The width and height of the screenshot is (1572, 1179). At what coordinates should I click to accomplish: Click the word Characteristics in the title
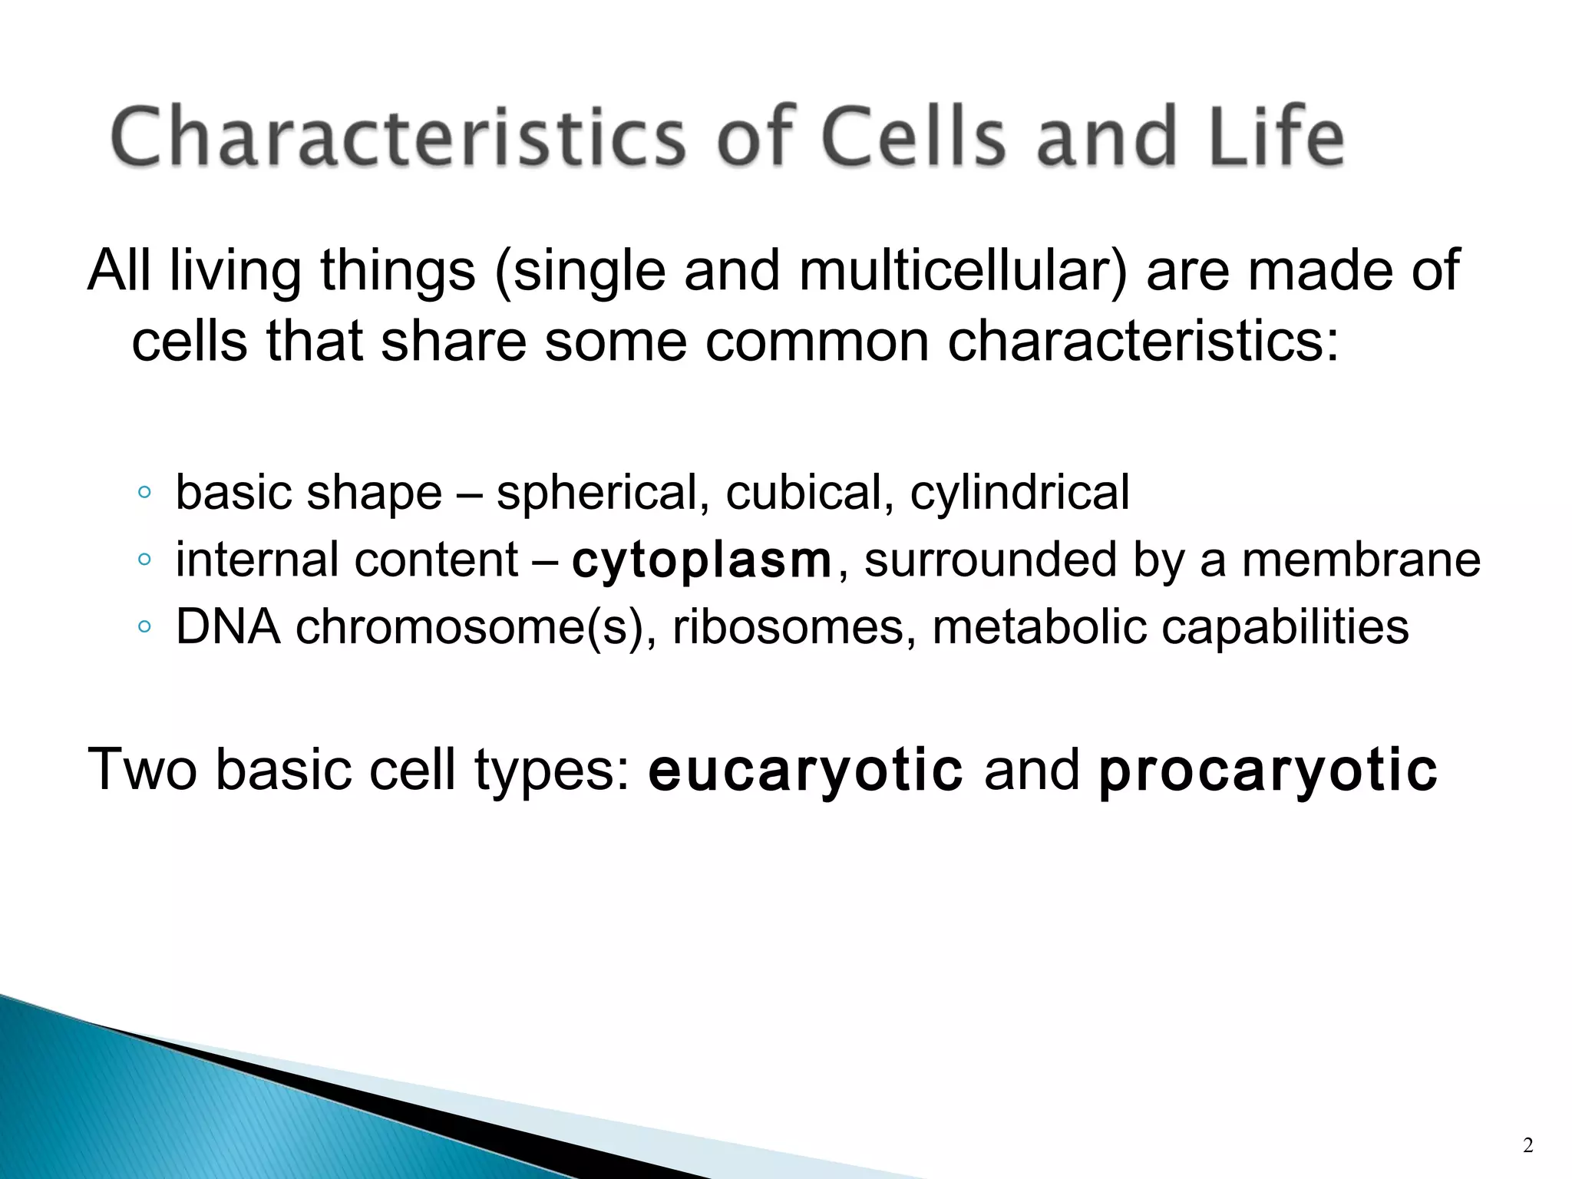tap(398, 138)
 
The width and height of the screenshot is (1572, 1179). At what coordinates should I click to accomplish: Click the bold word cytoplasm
tap(702, 560)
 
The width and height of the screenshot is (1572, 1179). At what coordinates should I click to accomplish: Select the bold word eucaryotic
tap(805, 769)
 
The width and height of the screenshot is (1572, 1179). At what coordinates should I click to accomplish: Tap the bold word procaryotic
tap(1267, 769)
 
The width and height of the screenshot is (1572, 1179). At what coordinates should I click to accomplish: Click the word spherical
tap(602, 492)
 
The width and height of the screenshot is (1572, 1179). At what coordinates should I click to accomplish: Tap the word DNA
tap(228, 627)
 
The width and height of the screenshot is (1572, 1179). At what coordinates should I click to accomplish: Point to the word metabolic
tap(1039, 627)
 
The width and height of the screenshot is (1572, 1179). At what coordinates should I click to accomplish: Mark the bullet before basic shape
tap(144, 494)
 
